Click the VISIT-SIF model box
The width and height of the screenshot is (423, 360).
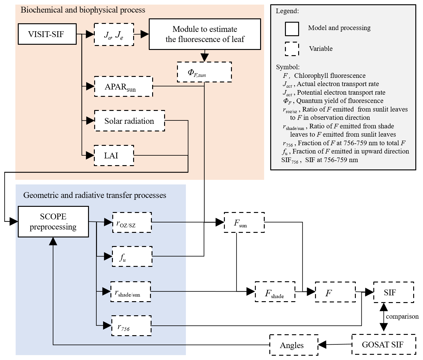47,34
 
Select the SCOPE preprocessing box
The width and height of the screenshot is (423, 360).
53,222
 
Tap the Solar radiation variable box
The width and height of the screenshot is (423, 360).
129,121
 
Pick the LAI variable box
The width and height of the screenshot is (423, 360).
114,156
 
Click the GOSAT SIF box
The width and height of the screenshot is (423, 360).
383,345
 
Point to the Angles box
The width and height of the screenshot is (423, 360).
294,345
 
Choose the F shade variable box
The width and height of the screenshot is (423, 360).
275,292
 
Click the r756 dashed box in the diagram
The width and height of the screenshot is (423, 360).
131,326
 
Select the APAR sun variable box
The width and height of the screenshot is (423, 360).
123,86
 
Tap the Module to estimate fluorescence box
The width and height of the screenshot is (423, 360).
205,34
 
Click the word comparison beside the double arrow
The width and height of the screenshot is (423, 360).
402,316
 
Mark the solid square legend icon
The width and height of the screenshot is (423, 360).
292,29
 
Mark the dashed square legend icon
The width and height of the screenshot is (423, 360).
292,49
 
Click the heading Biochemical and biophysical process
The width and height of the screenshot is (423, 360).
83,10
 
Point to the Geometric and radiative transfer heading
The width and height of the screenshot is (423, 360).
95,195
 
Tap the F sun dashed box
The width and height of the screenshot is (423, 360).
244,222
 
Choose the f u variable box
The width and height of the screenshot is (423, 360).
132,256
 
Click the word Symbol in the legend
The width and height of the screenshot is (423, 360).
287,67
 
